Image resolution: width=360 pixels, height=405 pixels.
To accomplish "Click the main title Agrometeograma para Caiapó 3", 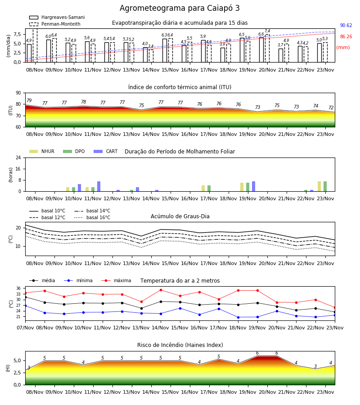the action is pos(180,8).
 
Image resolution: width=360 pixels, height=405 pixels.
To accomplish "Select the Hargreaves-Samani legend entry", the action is pos(57,17).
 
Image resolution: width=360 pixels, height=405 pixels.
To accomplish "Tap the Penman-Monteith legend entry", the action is pos(55,24).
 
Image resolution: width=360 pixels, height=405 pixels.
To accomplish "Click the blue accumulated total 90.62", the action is pos(346,25).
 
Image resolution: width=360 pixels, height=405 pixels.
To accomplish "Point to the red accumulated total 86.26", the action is pos(346,37).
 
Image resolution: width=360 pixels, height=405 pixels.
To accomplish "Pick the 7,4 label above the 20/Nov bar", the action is pos(267,31).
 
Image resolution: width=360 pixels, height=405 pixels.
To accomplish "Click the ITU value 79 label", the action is pos(29,100).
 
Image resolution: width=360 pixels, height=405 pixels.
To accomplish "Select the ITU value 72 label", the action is pos(331,108).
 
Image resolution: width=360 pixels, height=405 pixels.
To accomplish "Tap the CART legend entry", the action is pos(105,151).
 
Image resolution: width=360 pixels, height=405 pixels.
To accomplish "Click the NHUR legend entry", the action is pos(41,151).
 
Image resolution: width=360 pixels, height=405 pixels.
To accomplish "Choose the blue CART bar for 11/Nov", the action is pos(99,186).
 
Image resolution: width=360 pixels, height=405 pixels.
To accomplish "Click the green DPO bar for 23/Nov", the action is pos(325,186).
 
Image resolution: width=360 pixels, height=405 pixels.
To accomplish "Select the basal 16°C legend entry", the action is pos(92,217).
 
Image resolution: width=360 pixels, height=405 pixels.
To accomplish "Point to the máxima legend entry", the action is pos(116,280).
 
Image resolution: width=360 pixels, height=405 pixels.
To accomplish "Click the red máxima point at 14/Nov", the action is pos(161,290).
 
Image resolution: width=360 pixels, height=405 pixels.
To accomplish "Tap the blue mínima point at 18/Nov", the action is pos(238,317).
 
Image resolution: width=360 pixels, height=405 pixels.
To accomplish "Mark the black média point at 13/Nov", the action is pos(141,308).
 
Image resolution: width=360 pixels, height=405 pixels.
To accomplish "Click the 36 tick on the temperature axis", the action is pos(18,288).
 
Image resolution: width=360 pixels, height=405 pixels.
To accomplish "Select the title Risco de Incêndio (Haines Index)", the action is pos(180,345).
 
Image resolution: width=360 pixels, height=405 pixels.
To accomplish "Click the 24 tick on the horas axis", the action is pos(18,158).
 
